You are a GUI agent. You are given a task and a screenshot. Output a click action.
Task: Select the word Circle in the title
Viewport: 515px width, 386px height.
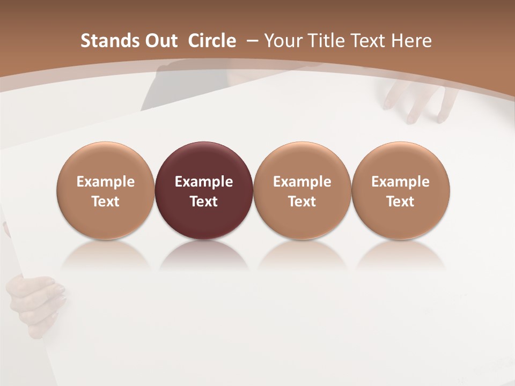pos(212,41)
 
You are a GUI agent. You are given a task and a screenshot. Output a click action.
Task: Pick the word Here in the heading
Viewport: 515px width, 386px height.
pos(411,41)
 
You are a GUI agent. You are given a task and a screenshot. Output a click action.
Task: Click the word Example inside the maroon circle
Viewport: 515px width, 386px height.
pos(204,182)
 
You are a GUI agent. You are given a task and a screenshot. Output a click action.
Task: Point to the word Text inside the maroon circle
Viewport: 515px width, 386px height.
pos(204,202)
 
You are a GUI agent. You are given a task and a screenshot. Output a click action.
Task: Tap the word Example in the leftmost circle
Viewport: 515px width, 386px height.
pos(106,182)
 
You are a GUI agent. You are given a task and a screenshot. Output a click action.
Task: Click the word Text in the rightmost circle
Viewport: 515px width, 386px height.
pos(401,202)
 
